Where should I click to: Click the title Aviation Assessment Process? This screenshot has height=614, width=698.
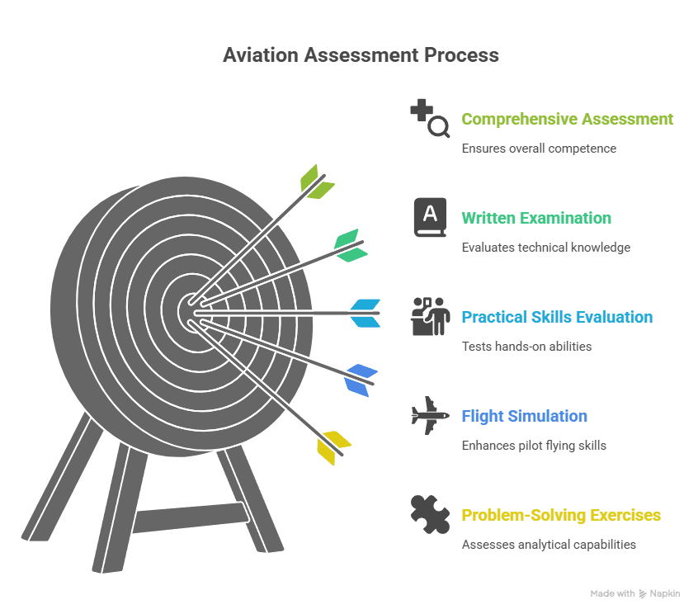[361, 55]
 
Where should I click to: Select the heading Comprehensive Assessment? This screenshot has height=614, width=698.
[567, 119]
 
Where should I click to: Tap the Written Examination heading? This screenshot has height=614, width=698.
[535, 218]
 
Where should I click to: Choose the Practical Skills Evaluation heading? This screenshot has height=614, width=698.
[556, 317]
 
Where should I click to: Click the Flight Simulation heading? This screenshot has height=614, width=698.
[524, 416]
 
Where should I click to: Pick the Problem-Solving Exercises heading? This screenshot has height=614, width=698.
[560, 515]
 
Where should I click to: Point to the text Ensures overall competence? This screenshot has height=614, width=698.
[539, 149]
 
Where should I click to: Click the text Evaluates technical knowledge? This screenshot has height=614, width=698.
[545, 248]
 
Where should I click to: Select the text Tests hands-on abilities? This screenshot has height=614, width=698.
[526, 347]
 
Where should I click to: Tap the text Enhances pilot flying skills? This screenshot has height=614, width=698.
[533, 446]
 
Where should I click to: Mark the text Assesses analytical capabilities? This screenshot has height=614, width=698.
[549, 545]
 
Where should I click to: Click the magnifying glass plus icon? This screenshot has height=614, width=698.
[430, 118]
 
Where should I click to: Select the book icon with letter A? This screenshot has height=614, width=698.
[430, 217]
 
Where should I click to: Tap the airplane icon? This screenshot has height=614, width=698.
[430, 415]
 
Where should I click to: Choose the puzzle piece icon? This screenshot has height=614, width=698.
[430, 513]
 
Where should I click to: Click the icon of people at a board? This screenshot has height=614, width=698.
[430, 316]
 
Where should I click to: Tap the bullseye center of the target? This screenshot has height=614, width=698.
[191, 311]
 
